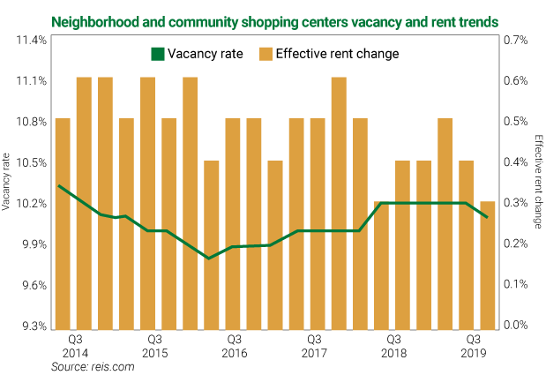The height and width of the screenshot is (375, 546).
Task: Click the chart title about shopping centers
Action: coord(273,19)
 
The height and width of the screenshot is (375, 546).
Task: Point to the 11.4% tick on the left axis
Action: coord(29,40)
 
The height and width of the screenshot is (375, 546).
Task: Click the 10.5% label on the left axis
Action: coord(29,162)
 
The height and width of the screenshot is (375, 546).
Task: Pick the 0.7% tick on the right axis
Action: coord(515,40)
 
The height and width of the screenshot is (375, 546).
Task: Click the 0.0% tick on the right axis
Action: coord(515,326)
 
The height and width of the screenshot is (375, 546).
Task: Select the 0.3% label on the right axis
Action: coord(515,204)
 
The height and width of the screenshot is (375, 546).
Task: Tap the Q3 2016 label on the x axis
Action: coord(235,345)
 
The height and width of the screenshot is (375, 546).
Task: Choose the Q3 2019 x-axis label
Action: coord(474,345)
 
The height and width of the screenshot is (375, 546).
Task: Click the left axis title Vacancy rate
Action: coord(8,183)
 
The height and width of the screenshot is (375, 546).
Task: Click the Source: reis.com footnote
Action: coord(93,366)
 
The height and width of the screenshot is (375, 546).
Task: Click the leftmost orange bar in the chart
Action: coord(63,222)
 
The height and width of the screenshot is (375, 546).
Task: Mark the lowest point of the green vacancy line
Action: coord(209,259)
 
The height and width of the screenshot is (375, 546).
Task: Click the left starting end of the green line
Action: coord(58,186)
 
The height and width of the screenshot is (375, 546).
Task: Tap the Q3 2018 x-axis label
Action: coord(394,345)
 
